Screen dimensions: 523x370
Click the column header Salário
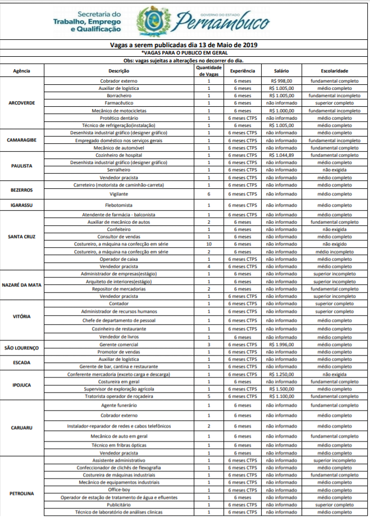tap(281, 71)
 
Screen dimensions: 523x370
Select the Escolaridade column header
tap(335, 71)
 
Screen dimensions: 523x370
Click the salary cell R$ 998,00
tap(281, 81)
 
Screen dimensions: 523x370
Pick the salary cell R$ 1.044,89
tap(281, 154)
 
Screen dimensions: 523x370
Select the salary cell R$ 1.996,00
tap(281, 344)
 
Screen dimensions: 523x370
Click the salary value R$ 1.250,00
tap(281, 374)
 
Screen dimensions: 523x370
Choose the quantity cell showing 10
tap(209, 244)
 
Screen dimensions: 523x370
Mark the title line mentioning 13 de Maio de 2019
tap(185, 45)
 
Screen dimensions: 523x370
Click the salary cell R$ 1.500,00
tap(281, 389)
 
